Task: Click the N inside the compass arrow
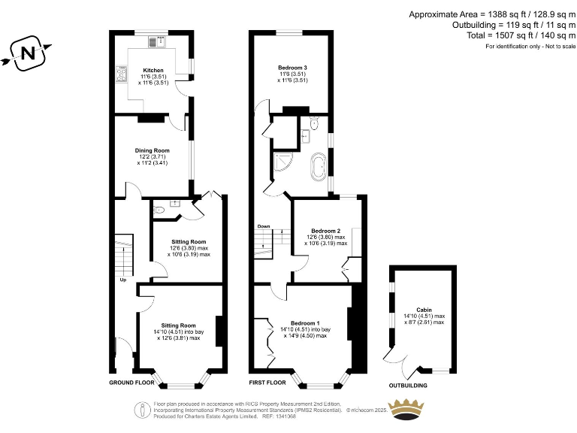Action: [x=28, y=53]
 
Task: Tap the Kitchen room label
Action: [x=153, y=70]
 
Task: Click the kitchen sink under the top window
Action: [x=160, y=42]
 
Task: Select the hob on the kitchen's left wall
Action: [x=121, y=74]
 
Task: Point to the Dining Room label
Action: [x=152, y=150]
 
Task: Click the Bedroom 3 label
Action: [x=292, y=68]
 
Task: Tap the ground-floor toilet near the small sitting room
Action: [x=158, y=211]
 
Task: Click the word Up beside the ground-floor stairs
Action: [x=122, y=281]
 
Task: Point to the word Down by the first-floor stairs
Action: [x=264, y=226]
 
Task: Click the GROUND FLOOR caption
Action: [x=133, y=383]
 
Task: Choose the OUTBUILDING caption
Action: [x=408, y=386]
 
